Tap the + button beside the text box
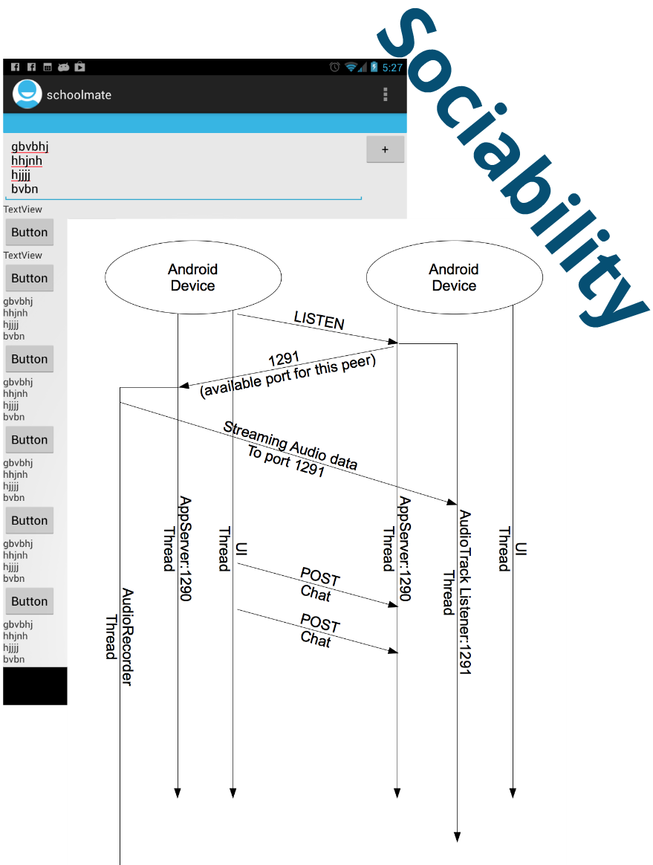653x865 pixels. (385, 149)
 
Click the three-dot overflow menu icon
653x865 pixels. (385, 94)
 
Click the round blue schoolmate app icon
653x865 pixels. (27, 94)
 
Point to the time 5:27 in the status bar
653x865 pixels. (392, 68)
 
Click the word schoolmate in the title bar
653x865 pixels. (79, 94)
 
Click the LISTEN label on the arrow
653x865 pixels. (319, 320)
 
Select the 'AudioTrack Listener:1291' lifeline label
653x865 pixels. (457, 592)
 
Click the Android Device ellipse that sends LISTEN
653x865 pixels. (193, 277)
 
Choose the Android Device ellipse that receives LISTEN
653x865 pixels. (454, 277)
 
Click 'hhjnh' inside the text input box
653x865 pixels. (27, 161)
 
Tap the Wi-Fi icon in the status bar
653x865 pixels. (351, 68)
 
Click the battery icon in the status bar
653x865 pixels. (374, 68)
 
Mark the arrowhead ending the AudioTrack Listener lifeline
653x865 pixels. (457, 837)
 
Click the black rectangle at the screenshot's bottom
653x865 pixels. (35, 685)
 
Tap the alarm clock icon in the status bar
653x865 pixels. (335, 68)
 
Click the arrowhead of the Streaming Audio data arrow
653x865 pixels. (451, 503)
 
